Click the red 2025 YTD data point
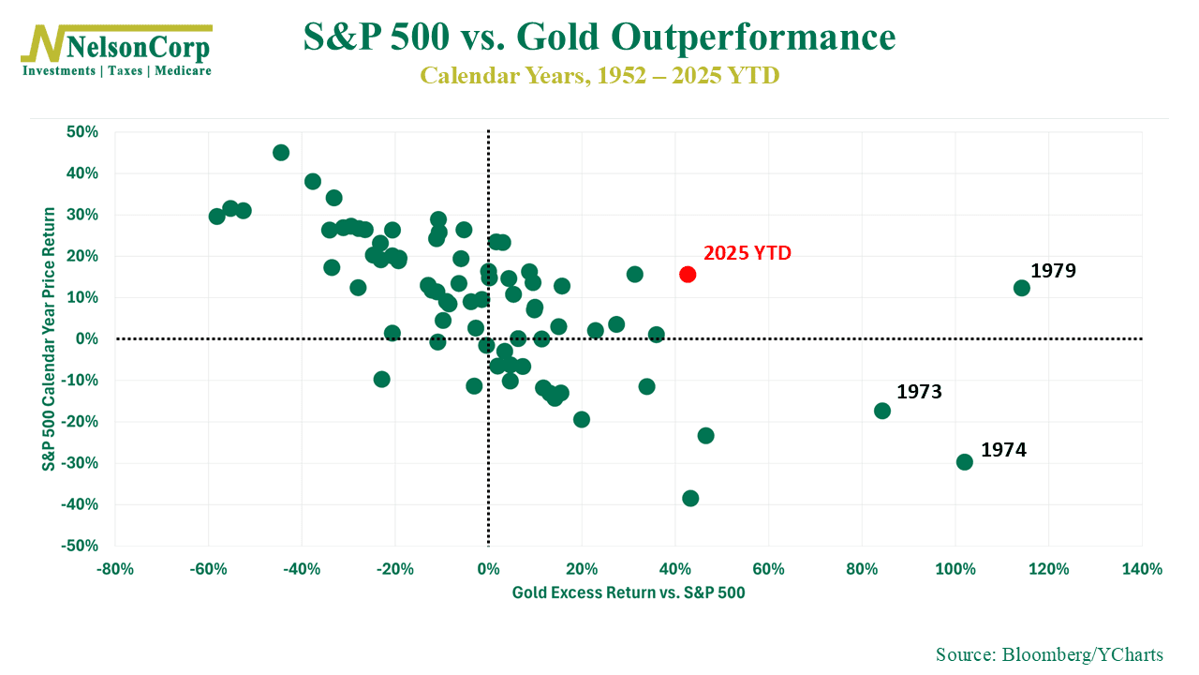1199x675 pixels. [x=688, y=274]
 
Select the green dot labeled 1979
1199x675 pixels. [x=1021, y=288]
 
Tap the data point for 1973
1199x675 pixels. [x=881, y=411]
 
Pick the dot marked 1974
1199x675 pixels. [x=964, y=462]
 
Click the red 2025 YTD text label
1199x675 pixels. [x=747, y=253]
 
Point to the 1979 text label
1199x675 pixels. [x=1053, y=271]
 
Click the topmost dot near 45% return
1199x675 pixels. [x=281, y=152]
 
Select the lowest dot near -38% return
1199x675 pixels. [x=690, y=498]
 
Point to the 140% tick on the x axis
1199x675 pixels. [x=1141, y=569]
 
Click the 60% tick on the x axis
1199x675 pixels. [x=768, y=569]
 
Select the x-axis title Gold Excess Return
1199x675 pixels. [x=629, y=592]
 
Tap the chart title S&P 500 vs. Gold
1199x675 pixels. [x=599, y=37]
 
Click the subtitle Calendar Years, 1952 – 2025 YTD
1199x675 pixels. [x=599, y=75]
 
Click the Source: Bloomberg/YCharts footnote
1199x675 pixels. [x=1049, y=653]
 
